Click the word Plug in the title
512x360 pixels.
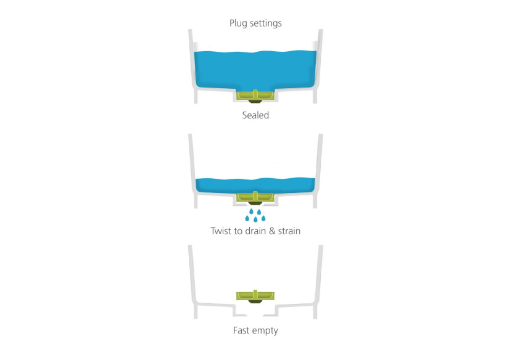[x=237, y=23]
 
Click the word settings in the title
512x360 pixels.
[x=265, y=23]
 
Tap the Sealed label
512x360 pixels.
[x=255, y=115]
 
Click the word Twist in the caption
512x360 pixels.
[x=221, y=231]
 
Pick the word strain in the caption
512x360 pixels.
[x=289, y=231]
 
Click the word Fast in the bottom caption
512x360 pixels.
[x=241, y=330]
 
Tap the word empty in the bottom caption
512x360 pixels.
[x=265, y=331]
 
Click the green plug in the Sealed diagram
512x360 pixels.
[x=255, y=96]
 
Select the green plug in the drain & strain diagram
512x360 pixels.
[x=255, y=197]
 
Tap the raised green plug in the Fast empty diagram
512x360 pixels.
[x=255, y=297]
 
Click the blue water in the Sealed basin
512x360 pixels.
[x=255, y=70]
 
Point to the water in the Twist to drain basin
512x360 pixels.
[x=255, y=186]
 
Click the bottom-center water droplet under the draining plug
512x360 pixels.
[x=255, y=219]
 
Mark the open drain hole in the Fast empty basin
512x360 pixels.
[x=255, y=315]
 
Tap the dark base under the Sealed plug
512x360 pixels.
[x=255, y=102]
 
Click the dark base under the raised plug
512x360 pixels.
[x=255, y=301]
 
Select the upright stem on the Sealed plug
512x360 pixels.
[x=255, y=94]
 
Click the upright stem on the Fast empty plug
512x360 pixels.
[x=255, y=295]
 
